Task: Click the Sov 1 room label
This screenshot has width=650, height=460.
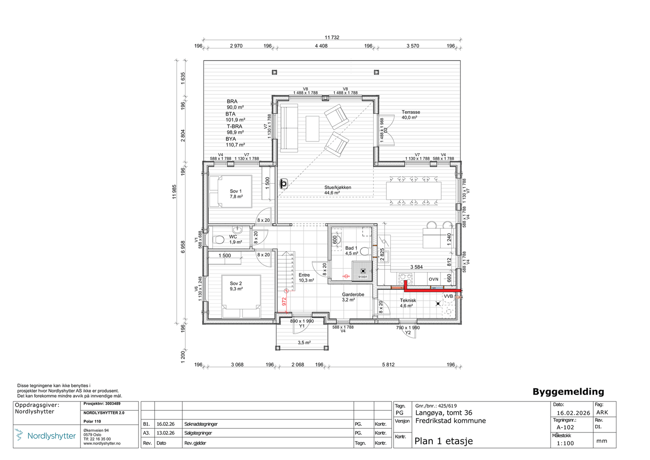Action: click(x=236, y=193)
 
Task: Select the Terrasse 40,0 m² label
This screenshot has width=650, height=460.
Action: click(x=411, y=115)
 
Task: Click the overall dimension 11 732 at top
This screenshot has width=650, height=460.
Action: click(x=332, y=37)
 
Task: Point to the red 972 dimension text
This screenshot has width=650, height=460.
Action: click(x=284, y=301)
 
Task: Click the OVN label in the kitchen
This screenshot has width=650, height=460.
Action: click(x=433, y=279)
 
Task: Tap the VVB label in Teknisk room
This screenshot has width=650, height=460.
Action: click(x=448, y=297)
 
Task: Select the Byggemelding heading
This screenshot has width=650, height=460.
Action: click(x=568, y=392)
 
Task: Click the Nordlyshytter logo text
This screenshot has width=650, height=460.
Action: click(x=51, y=436)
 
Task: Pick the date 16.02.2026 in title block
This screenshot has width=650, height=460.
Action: click(x=573, y=413)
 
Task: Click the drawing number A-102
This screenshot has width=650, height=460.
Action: click(x=565, y=427)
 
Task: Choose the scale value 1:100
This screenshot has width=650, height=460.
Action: click(x=565, y=443)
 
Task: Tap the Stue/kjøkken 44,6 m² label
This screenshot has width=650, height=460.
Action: click(x=338, y=190)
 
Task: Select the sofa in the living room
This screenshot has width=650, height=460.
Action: click(x=289, y=128)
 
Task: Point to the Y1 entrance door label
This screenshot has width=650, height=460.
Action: click(x=302, y=326)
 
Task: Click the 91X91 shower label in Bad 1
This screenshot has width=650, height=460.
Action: click(x=362, y=277)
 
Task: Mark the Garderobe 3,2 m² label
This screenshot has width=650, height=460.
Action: click(x=353, y=297)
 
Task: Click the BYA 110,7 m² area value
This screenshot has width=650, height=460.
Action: click(x=235, y=142)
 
